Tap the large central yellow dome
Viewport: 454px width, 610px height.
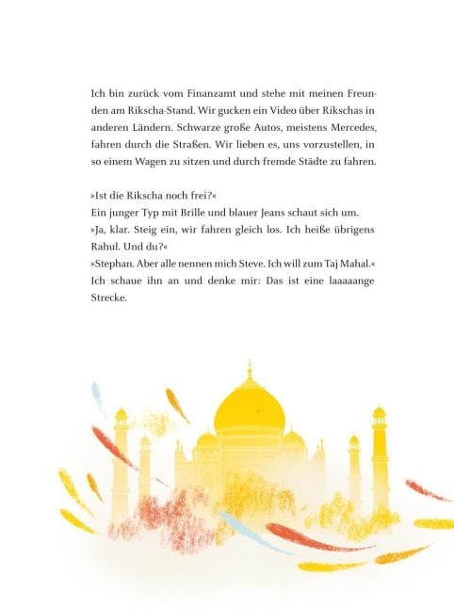coord(250,410)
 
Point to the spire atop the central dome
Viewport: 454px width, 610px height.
coord(250,367)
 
